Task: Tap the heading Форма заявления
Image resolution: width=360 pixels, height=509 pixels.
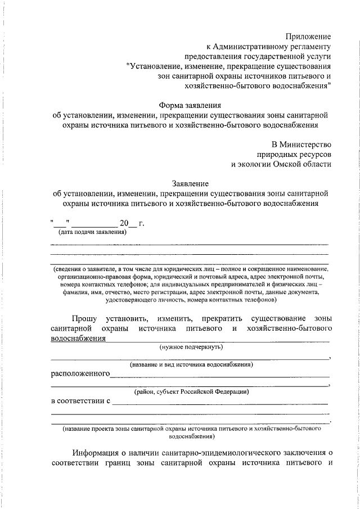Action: point(190,105)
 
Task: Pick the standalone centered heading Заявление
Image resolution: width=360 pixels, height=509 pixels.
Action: point(190,183)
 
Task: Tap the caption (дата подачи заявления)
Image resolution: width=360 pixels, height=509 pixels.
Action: point(92,232)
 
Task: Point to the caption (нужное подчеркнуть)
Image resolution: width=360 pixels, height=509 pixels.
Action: point(191,347)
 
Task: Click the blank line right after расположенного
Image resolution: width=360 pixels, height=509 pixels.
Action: point(219,375)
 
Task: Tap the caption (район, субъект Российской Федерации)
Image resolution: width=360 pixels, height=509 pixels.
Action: point(191,391)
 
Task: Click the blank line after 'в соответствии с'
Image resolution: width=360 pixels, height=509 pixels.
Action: point(219,403)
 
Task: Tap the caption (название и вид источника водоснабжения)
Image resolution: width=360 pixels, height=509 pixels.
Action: point(191,364)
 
